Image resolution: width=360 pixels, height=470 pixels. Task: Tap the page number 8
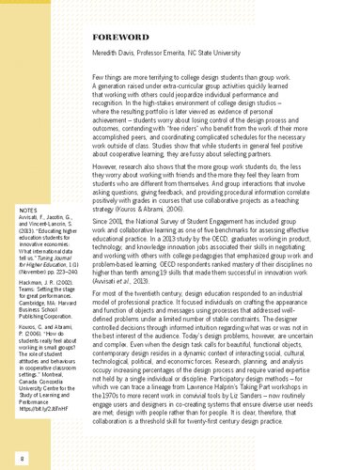coord(19,457)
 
